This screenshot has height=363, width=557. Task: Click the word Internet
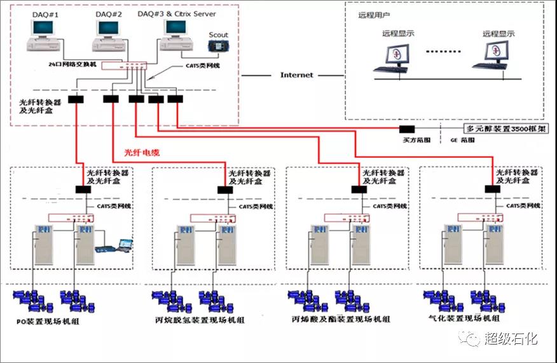pyautogui.click(x=296, y=75)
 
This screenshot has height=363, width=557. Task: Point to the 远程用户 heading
pyautogui.click(x=374, y=13)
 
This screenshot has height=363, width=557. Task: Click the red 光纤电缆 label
pyautogui.click(x=143, y=153)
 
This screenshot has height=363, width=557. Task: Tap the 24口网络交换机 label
pyautogui.click(x=74, y=65)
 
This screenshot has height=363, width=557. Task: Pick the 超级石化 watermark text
pyautogui.click(x=511, y=339)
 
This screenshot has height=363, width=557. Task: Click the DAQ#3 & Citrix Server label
pyautogui.click(x=175, y=13)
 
